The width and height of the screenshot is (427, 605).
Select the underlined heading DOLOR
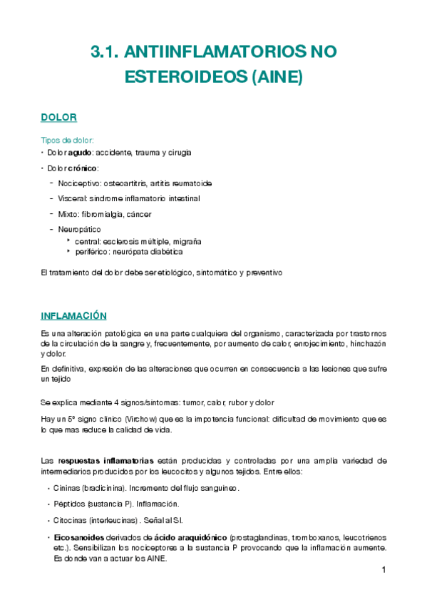click(58, 117)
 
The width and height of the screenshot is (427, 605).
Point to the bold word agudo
click(78, 153)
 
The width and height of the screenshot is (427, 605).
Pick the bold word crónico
click(83, 168)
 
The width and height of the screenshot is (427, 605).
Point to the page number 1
click(384, 570)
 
